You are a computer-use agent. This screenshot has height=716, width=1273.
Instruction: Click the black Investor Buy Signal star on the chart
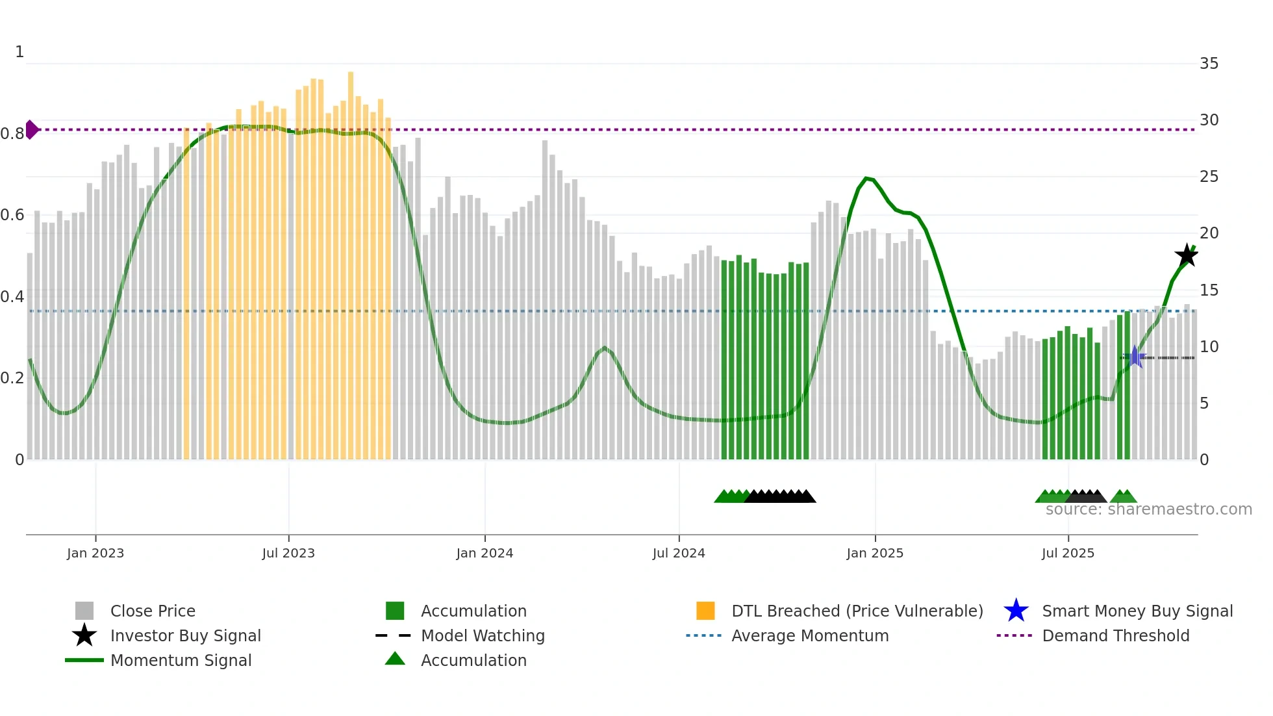1187,255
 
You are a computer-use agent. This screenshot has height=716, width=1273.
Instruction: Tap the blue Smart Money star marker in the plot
1135,357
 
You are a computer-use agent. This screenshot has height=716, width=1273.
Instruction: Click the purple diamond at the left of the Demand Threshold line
31,129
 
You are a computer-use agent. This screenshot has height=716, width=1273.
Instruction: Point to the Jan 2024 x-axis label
485,553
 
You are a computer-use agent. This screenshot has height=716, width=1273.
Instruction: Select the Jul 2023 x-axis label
288,553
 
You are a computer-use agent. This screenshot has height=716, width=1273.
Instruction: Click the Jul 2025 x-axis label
1068,553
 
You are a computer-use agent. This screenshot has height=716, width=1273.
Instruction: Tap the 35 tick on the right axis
1209,64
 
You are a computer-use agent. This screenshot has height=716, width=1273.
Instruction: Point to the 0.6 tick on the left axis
12,215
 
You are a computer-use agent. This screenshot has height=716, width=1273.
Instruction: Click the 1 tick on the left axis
19,52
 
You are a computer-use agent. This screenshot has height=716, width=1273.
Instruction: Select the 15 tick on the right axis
1209,290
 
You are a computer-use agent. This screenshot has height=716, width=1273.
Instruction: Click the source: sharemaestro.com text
1148,509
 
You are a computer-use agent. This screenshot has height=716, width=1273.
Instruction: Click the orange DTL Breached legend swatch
705,611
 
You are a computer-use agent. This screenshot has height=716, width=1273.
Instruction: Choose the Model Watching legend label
483,635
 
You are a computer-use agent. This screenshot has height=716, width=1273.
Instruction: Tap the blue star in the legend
1016,611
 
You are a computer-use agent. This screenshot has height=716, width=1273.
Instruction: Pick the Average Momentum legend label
810,635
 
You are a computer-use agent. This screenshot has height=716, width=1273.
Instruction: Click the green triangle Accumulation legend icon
395,659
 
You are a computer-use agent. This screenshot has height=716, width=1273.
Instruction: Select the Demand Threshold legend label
1115,635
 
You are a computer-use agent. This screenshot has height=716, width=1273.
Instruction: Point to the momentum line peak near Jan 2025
866,177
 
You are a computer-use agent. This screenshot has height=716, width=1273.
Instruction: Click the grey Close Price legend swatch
84,611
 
